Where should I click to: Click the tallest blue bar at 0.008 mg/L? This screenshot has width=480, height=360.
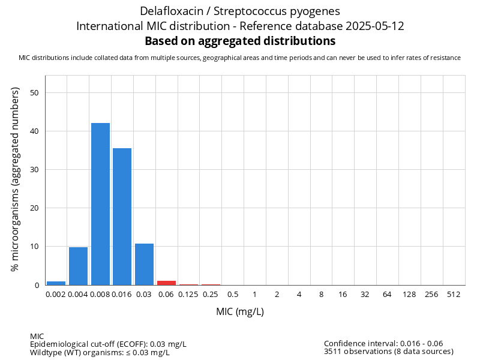point(100,204)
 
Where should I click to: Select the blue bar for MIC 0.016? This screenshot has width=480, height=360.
point(122,217)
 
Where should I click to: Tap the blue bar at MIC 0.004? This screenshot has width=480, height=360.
point(78,266)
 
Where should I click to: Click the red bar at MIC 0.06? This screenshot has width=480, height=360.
point(166,283)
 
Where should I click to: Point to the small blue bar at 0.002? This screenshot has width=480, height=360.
point(56,283)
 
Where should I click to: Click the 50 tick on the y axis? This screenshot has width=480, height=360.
point(35,92)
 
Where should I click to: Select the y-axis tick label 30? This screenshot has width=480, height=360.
point(35,170)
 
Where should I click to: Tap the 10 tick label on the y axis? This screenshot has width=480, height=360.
point(35,247)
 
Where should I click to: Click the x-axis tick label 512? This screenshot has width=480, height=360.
point(454,294)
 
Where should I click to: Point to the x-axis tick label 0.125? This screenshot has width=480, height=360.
point(188,294)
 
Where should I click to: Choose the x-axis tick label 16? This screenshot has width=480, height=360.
point(343,294)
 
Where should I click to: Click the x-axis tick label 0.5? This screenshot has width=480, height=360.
point(232,294)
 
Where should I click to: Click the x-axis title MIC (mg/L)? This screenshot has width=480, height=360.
point(240,312)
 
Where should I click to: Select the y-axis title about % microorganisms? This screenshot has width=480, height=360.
point(16,179)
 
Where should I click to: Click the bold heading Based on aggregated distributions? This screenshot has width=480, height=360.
point(240,41)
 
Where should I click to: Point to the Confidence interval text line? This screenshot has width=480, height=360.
point(383,344)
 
